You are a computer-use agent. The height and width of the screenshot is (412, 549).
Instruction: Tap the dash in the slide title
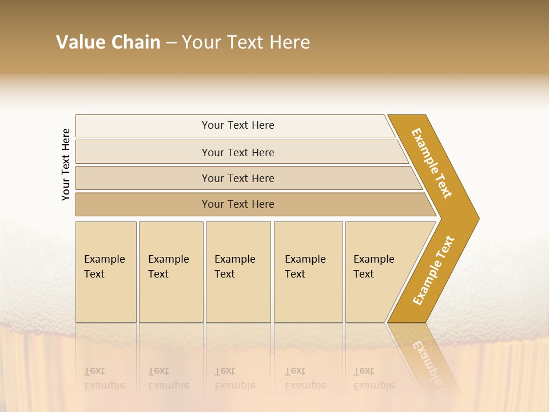(171, 43)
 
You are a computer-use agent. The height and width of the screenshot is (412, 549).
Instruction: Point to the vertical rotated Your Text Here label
(66, 164)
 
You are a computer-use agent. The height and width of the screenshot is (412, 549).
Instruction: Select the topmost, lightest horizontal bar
(237, 125)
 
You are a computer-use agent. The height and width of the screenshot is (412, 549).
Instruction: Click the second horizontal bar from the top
(237, 152)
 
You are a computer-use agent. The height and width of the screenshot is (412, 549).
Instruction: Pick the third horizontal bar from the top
(237, 178)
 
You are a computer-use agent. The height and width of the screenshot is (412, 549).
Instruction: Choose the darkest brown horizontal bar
(237, 204)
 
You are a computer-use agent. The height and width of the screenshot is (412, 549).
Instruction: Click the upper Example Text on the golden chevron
(432, 163)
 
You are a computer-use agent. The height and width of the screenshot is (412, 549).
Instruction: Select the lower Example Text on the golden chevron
(433, 270)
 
